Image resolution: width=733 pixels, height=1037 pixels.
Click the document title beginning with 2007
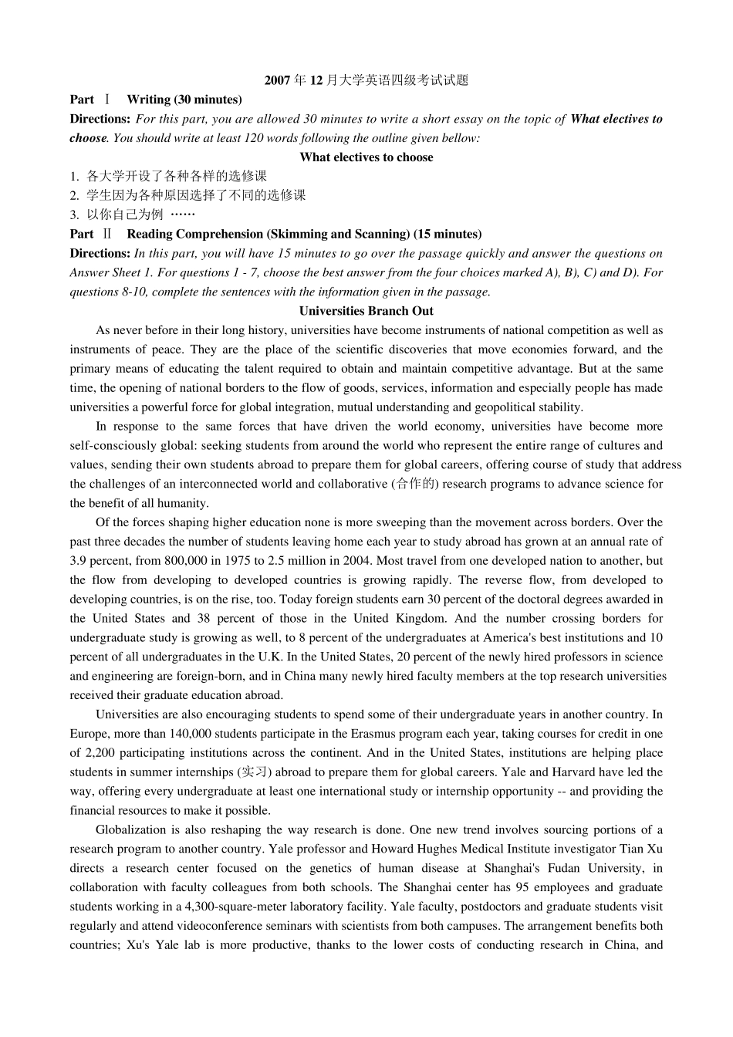coord(366,80)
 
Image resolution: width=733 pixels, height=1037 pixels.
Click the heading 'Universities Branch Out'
coord(366,311)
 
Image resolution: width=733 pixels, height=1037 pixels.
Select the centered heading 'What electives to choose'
coord(366,157)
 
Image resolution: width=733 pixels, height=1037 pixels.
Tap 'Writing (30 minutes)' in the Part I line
coord(184,100)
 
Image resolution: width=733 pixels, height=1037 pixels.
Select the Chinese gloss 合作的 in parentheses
coord(416,484)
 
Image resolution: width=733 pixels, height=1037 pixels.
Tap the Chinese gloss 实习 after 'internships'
coord(255,772)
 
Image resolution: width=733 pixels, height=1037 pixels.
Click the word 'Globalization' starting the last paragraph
coord(130,829)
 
